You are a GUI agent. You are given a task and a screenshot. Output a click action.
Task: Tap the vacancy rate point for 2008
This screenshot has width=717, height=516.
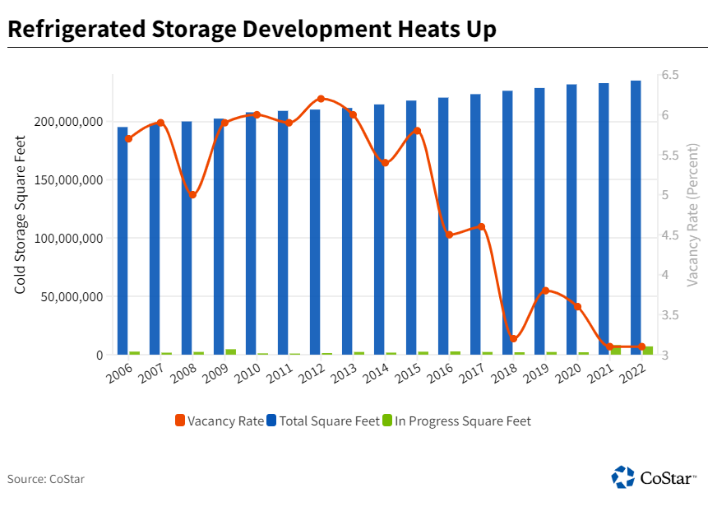point(192,195)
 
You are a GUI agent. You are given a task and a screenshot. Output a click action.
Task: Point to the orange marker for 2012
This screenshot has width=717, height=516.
point(321,99)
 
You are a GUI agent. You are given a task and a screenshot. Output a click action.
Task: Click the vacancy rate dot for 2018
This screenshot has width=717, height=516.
point(513,338)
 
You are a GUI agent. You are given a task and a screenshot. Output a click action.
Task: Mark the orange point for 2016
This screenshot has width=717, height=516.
point(449,235)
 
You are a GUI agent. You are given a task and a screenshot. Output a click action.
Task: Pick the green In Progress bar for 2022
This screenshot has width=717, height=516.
point(648,351)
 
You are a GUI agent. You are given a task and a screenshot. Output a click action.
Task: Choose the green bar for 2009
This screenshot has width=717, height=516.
point(231,352)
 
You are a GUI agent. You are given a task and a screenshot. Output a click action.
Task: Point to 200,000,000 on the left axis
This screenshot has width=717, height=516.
point(70,122)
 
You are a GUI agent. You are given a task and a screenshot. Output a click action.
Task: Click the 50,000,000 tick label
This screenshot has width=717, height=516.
point(73,297)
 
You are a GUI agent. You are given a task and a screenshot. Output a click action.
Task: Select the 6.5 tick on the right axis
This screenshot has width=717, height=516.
point(669,75)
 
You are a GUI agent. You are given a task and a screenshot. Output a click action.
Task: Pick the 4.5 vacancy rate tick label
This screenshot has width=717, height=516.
point(669,235)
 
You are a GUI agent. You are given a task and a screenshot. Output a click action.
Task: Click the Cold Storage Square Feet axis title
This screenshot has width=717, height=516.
point(21,216)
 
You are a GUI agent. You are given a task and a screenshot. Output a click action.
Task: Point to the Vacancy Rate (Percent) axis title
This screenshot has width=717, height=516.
point(692,216)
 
